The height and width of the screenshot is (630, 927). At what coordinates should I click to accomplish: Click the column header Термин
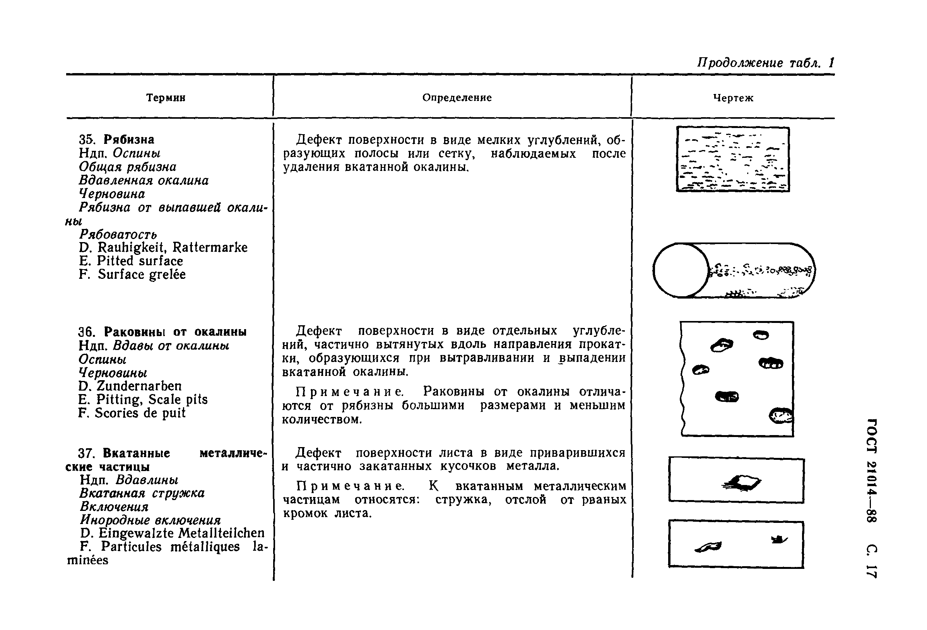tap(166, 98)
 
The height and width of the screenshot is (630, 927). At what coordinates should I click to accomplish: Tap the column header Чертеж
tap(733, 98)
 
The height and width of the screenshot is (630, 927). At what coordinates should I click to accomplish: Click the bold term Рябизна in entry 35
tap(129, 140)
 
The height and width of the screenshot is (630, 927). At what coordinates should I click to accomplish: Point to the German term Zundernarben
tap(139, 386)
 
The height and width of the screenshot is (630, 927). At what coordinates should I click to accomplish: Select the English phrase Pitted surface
tap(140, 261)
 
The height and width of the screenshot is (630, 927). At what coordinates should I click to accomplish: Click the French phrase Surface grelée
tap(142, 274)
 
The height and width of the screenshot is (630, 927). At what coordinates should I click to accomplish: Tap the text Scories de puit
tap(140, 413)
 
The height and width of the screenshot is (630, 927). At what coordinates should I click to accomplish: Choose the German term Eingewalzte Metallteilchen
tap(181, 533)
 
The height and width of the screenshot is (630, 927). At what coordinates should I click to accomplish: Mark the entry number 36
tap(86, 332)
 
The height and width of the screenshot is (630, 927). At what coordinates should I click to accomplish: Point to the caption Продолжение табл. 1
tap(765, 63)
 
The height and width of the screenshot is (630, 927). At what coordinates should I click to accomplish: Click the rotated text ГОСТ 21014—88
tap(872, 471)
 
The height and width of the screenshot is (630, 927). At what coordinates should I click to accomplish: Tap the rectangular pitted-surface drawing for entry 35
tap(733, 159)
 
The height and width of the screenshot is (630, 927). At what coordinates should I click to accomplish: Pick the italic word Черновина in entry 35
tap(112, 194)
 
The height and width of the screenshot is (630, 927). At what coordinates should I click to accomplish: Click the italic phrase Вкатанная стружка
tap(142, 493)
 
